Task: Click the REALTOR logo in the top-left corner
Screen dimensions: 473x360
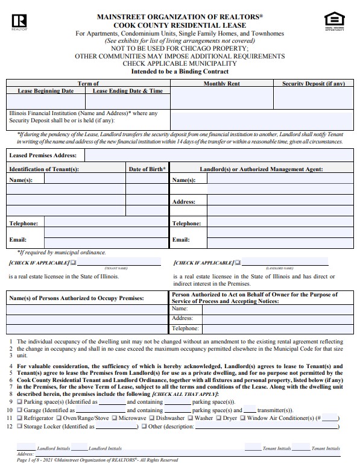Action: coord(16,22)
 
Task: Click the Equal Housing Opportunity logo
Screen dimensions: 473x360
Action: coord(332,20)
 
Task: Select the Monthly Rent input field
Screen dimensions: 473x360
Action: coord(221,98)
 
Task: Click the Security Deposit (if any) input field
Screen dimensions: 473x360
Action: coord(314,98)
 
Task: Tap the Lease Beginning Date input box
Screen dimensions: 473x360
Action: coord(46,101)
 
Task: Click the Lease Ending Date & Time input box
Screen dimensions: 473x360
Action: coord(128,101)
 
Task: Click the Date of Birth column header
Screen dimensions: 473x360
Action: coord(148,169)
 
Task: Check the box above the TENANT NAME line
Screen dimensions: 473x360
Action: coord(74,263)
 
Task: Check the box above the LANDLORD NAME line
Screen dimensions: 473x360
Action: coord(238,263)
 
